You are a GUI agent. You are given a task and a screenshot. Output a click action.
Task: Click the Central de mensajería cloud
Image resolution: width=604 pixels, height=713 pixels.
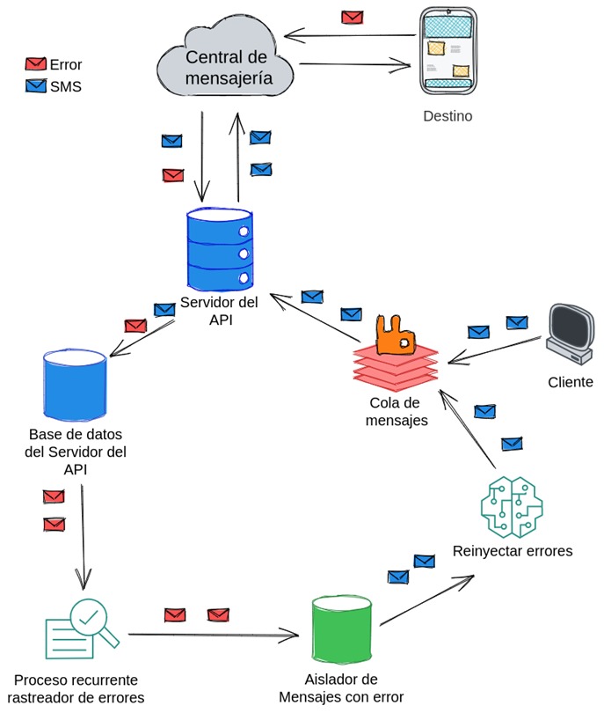click(227, 66)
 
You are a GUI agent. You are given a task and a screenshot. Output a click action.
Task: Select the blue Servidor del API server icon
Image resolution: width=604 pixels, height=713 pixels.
click(219, 248)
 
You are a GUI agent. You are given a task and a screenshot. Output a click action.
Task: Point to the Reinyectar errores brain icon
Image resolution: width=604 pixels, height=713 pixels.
click(512, 505)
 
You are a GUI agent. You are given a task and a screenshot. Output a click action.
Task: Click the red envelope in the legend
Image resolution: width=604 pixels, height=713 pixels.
click(36, 64)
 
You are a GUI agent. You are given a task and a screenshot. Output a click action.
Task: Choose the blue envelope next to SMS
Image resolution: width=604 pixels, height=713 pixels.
click(36, 86)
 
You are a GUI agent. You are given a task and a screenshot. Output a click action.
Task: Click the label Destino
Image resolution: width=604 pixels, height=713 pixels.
click(447, 115)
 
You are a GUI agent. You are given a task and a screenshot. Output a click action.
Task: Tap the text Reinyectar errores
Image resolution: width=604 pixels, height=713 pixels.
click(513, 552)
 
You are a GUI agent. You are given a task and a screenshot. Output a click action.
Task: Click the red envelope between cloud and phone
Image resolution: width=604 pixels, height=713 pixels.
click(353, 17)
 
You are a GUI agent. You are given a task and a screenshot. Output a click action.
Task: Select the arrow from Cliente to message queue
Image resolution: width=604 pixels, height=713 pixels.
click(492, 350)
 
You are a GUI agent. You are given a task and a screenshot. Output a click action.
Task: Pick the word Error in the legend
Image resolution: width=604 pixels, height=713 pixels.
click(66, 64)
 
